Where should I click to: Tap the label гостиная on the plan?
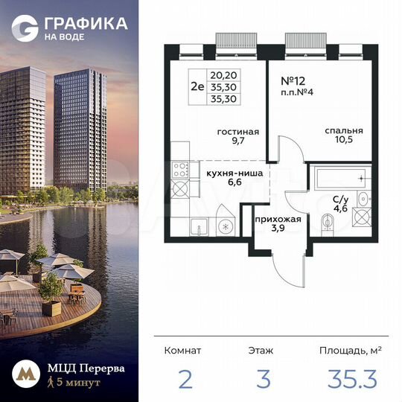point(232,131)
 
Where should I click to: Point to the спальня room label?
point(338,131)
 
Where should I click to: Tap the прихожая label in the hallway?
point(278,220)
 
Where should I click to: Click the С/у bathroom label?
point(340,199)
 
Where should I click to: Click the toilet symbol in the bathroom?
point(329,222)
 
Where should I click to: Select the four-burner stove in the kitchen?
point(180,179)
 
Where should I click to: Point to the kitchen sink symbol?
point(197,226)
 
